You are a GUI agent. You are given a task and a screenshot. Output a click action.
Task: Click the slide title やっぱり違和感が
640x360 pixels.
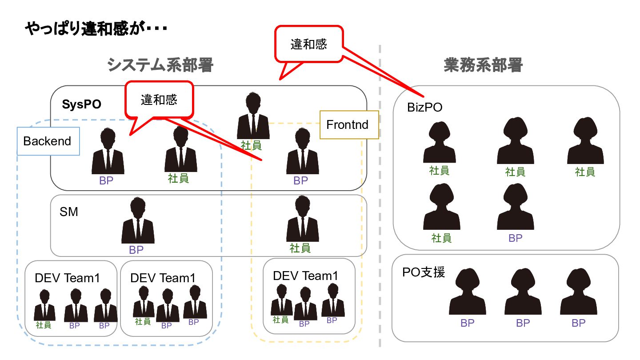(96, 29)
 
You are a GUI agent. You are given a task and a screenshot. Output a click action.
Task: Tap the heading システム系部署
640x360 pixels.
(160, 66)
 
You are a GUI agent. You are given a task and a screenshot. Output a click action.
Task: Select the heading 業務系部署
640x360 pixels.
(483, 66)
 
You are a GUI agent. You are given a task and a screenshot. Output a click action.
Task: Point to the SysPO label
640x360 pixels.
(81, 104)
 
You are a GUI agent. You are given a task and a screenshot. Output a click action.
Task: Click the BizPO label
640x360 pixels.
(424, 108)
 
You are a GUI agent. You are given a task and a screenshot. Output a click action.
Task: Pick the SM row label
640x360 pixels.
(69, 212)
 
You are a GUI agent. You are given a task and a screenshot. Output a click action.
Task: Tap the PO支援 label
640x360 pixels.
(423, 272)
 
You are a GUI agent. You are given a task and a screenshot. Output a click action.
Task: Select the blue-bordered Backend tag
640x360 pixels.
(48, 141)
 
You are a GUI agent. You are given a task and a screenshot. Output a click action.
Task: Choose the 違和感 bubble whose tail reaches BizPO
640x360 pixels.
(309, 44)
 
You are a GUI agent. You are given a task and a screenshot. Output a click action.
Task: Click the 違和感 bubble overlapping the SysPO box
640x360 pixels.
(159, 100)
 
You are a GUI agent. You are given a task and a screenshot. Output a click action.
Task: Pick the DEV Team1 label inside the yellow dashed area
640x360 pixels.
(305, 276)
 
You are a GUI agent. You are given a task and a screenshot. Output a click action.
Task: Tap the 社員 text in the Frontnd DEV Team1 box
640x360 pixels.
(280, 320)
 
